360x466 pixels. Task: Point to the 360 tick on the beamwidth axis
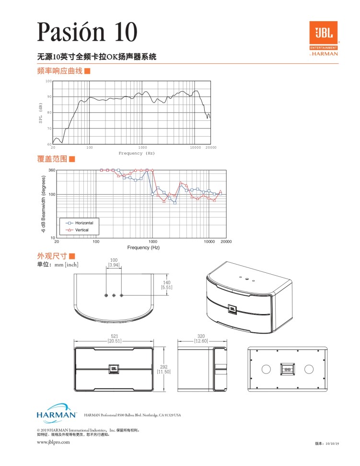pyautogui.click(x=52, y=170)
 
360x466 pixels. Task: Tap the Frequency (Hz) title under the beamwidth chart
pyautogui.click(x=143, y=247)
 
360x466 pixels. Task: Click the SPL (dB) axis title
pyautogui.click(x=41, y=113)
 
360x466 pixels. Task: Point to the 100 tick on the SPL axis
pyautogui.click(x=48, y=81)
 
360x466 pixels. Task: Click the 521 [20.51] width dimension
pyautogui.click(x=114, y=338)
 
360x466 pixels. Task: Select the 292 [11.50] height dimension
pyautogui.click(x=164, y=369)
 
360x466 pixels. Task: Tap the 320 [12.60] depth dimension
pyautogui.click(x=201, y=338)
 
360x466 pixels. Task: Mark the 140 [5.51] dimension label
pyautogui.click(x=166, y=285)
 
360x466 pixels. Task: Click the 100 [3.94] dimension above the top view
pyautogui.click(x=114, y=262)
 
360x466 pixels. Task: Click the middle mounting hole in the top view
pyautogui.click(x=114, y=295)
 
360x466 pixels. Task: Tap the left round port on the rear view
pyautogui.click(x=266, y=369)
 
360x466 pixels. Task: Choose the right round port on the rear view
pyautogui.click(x=308, y=369)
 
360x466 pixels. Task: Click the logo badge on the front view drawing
pyautogui.click(x=114, y=368)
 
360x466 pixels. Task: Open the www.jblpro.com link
pyautogui.click(x=54, y=442)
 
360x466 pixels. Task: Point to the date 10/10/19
pyautogui.click(x=332, y=444)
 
